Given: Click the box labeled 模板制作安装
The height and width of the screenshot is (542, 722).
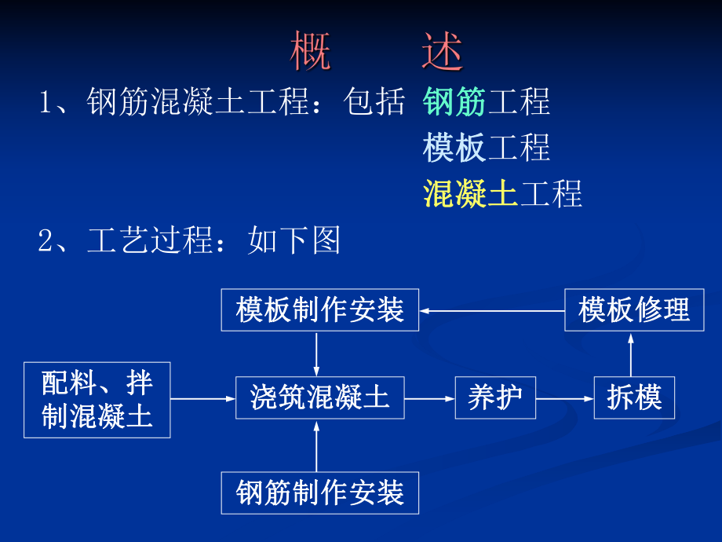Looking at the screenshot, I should point(319,309).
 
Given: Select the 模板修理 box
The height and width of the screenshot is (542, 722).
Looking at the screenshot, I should point(633,309).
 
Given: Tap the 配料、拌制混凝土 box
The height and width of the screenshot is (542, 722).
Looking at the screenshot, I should point(97,399).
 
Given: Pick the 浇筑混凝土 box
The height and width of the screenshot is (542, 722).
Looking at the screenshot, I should point(319,397).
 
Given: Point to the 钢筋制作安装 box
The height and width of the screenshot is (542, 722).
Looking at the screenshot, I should point(319,493).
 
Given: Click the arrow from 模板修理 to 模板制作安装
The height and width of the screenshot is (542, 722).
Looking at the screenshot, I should point(492,310).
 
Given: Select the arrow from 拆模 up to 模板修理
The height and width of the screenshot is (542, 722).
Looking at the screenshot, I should point(632,354).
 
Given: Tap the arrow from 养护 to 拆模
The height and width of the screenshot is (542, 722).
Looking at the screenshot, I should point(564,398).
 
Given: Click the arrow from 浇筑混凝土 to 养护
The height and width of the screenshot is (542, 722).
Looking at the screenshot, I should point(429,398).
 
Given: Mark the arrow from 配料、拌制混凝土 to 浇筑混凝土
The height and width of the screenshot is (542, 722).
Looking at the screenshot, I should point(203,398).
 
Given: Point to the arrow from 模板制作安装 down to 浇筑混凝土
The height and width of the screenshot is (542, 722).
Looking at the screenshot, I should point(316,354).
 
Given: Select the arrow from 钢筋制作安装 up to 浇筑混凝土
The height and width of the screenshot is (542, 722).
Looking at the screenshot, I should point(316,445).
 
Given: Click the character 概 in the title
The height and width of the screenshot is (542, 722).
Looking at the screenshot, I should point(311,52).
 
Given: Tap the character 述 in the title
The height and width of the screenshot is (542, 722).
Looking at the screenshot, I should point(442,52).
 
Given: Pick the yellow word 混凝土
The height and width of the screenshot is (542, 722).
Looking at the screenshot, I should point(470,193).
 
